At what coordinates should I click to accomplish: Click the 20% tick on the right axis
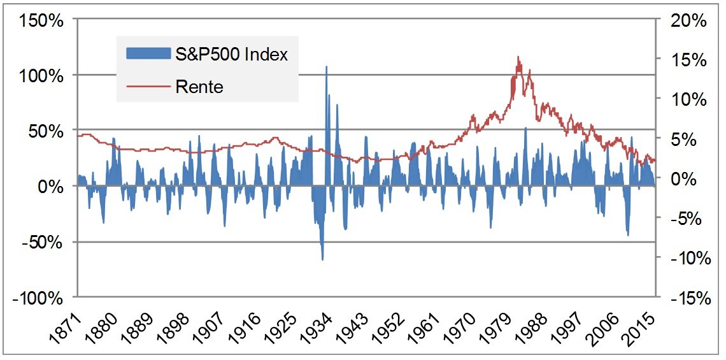(687, 20)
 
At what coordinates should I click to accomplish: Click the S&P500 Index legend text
(232, 54)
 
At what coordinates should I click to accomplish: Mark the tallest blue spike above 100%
(327, 66)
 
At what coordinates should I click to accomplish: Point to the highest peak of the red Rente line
(518, 57)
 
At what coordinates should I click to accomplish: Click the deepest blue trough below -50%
(322, 259)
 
